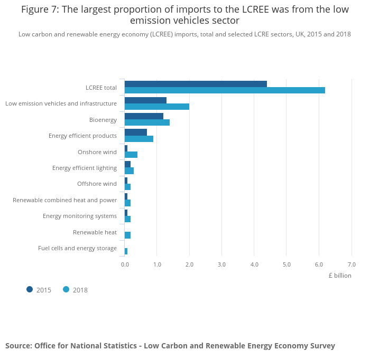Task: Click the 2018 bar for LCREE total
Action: pyautogui.click(x=225, y=90)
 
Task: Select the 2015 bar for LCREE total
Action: pyautogui.click(x=196, y=84)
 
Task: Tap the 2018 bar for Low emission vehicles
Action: pyautogui.click(x=157, y=107)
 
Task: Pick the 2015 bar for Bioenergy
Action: pyautogui.click(x=144, y=116)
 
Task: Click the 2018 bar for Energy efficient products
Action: pyautogui.click(x=139, y=139)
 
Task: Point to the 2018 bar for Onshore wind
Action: pyautogui.click(x=131, y=155)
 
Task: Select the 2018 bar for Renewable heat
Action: pyautogui.click(x=127, y=235)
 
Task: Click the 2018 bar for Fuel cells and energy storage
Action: pyautogui.click(x=126, y=251)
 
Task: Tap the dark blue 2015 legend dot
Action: pyautogui.click(x=30, y=289)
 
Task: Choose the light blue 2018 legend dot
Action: pyautogui.click(x=66, y=289)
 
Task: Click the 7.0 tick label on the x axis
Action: pyautogui.click(x=351, y=264)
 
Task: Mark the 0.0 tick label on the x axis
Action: pyautogui.click(x=125, y=264)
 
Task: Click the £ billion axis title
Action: pyautogui.click(x=339, y=276)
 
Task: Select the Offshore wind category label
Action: pyautogui.click(x=97, y=184)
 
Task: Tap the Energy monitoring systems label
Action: pyautogui.click(x=80, y=216)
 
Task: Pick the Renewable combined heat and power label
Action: pyautogui.click(x=64, y=200)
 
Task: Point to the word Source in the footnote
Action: pyautogui.click(x=18, y=346)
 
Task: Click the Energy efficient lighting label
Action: pyautogui.click(x=85, y=168)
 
